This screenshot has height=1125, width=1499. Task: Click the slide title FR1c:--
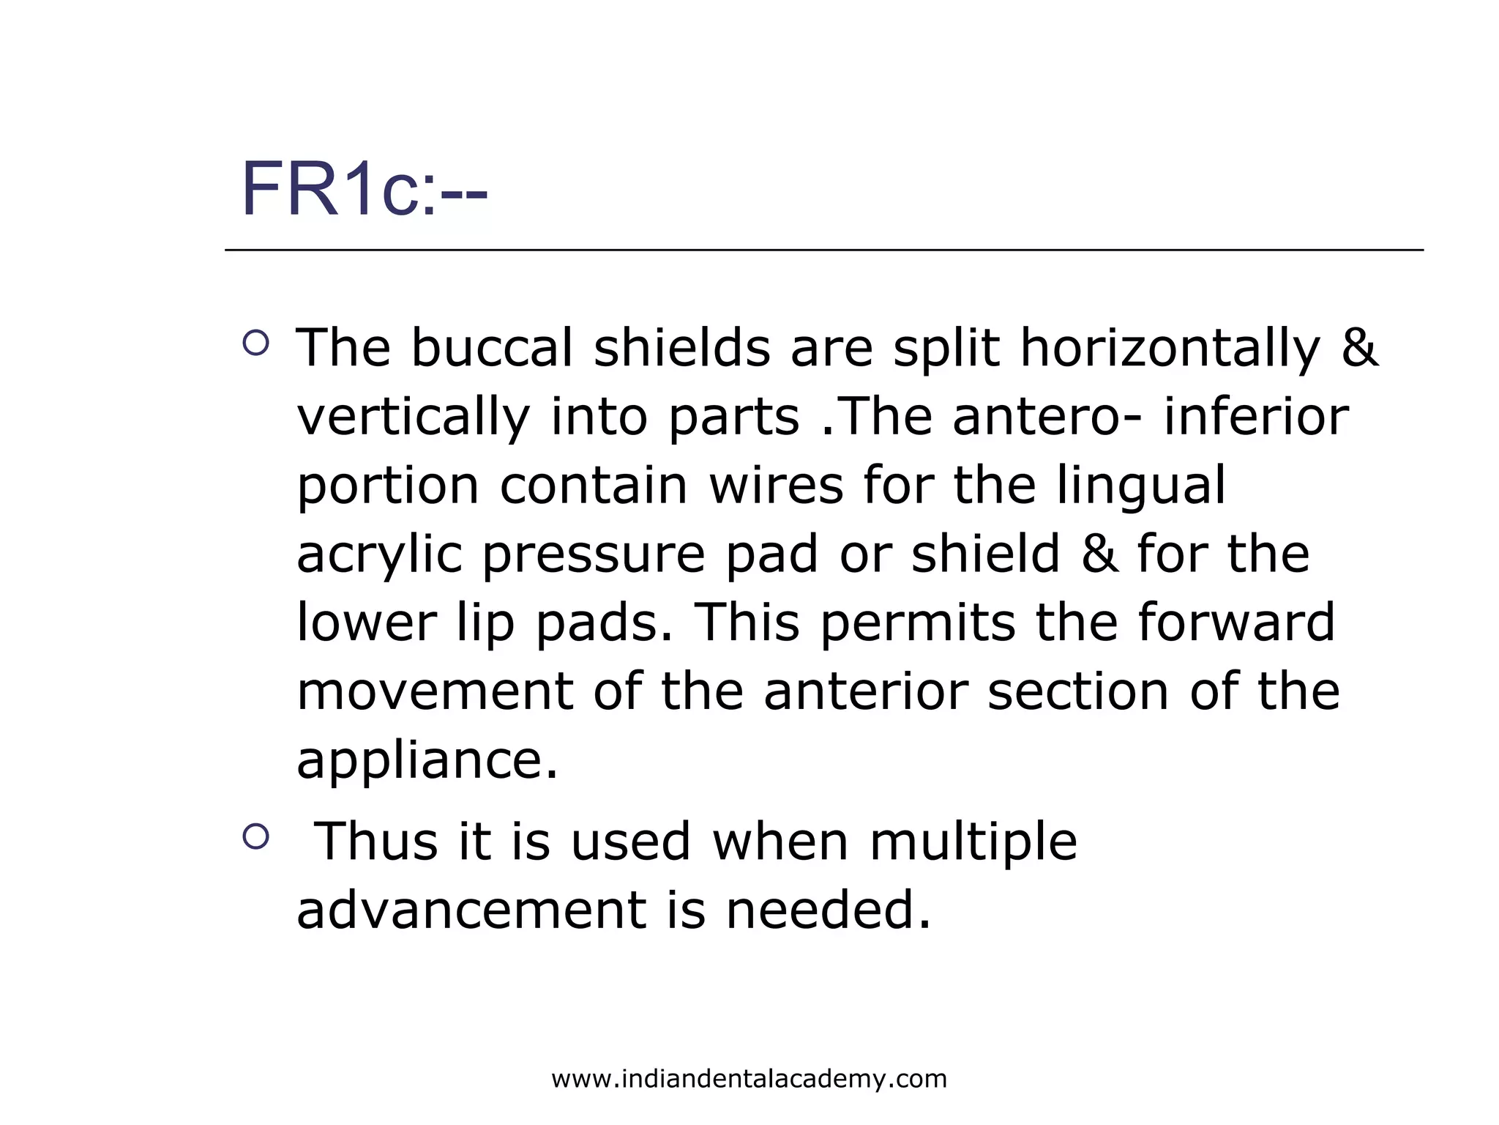tap(364, 190)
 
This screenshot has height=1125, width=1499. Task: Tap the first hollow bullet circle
tap(255, 342)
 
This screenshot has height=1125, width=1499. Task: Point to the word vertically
tap(413, 417)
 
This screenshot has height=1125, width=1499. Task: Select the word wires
tap(776, 485)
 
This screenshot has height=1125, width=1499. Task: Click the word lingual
tap(1140, 486)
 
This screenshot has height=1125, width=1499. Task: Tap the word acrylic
tap(379, 555)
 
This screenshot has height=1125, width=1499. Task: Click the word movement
tap(435, 691)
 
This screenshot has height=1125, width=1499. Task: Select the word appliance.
tap(427, 760)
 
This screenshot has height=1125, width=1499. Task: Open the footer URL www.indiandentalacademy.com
tap(749, 1079)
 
